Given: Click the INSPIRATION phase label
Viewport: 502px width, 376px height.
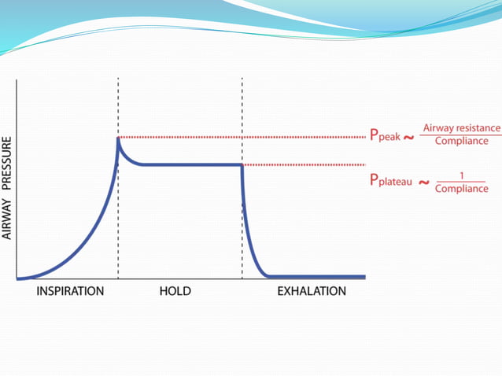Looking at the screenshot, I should coord(70,291).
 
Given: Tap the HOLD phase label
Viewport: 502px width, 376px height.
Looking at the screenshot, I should coord(175,291).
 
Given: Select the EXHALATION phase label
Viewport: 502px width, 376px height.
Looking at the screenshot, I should coord(311,291).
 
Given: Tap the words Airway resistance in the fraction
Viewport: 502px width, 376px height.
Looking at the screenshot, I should coord(461,127).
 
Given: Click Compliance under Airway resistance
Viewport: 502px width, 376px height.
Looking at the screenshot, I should coord(461,142).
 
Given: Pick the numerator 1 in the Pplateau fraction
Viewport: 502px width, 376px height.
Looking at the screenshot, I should coord(460,175).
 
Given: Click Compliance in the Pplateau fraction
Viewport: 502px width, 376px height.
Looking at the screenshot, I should coord(461,189).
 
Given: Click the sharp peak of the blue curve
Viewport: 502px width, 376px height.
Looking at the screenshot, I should coord(118,139).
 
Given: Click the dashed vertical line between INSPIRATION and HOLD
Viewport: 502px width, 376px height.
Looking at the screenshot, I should coord(118,220).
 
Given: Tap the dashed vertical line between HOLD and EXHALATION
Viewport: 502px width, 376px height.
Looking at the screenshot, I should coord(242,118).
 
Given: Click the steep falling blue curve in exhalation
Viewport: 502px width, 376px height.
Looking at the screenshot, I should coord(247,228).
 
